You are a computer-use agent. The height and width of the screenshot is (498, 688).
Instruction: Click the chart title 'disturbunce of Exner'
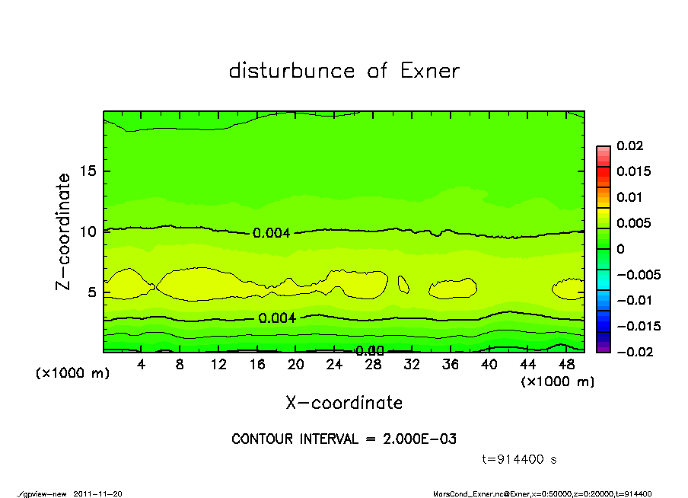pyautogui.click(x=344, y=71)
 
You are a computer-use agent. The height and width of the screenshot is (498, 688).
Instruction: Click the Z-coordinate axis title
pyautogui.click(x=64, y=231)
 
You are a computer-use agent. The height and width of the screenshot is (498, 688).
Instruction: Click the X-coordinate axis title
pyautogui.click(x=344, y=403)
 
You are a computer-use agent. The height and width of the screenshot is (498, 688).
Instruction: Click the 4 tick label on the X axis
pyautogui.click(x=142, y=365)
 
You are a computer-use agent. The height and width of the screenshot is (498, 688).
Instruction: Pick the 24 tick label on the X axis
pyautogui.click(x=334, y=365)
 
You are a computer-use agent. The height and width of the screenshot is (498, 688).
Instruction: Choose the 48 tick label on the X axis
pyautogui.click(x=566, y=365)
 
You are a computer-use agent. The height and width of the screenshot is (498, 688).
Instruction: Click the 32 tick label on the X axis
pyautogui.click(x=412, y=365)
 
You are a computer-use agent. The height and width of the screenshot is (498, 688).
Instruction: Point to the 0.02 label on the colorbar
pyautogui.click(x=630, y=145)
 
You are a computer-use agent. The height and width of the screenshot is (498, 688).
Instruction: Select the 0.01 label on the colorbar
pyautogui.click(x=630, y=197)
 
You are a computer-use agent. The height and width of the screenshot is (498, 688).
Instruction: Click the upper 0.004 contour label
pyautogui.click(x=271, y=233)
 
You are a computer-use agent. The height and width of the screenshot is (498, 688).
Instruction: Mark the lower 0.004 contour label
pyautogui.click(x=277, y=318)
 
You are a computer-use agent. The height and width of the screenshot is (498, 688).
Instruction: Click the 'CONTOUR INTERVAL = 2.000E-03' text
pyautogui.click(x=344, y=439)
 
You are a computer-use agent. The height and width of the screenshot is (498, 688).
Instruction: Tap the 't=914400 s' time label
pyautogui.click(x=521, y=460)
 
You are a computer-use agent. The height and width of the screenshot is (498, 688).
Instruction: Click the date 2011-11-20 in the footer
pyautogui.click(x=98, y=493)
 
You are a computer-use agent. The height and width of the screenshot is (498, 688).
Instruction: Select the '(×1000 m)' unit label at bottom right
pyautogui.click(x=557, y=381)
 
